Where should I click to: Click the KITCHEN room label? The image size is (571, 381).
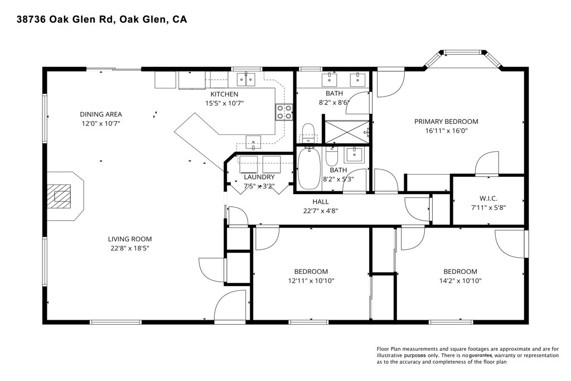224,94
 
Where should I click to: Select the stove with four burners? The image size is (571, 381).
284,112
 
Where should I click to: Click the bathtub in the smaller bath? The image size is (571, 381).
309,168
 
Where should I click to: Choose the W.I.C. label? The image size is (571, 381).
488,199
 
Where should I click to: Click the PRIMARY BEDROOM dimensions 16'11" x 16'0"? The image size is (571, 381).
446,131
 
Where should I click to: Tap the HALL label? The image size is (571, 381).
321,202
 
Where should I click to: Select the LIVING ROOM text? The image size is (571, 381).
129,239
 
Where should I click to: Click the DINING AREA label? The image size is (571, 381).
101,114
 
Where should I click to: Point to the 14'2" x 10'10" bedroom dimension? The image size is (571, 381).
460,281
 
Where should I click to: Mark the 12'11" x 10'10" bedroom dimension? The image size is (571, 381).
311,281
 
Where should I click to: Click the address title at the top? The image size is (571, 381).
102,20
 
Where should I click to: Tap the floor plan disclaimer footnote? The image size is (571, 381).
468,355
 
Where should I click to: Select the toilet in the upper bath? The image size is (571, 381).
308,133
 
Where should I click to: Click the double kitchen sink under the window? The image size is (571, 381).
246,79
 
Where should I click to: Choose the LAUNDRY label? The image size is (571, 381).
259,177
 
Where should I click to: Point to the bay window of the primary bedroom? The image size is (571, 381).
463,57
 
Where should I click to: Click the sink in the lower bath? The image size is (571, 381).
353,155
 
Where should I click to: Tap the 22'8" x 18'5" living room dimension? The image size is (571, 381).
130,248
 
